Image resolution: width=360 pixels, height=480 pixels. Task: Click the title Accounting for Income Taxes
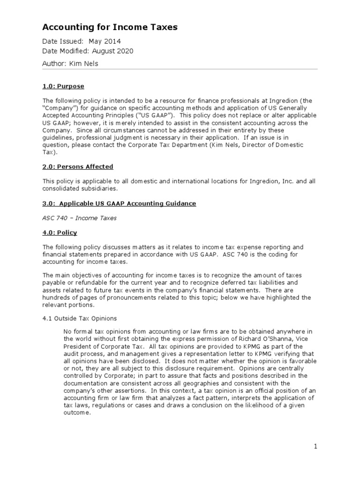110,27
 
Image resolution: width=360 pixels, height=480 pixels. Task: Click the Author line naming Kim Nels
70,63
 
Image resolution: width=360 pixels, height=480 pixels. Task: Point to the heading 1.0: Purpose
63,87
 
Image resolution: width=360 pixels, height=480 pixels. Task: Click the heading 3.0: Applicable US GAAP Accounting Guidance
119,203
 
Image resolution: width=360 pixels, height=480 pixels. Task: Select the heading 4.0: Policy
60,232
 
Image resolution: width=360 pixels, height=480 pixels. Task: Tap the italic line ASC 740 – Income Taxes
79,218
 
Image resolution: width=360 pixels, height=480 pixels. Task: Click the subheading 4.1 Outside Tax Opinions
80,318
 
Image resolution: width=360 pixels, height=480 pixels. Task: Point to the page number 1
316,446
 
